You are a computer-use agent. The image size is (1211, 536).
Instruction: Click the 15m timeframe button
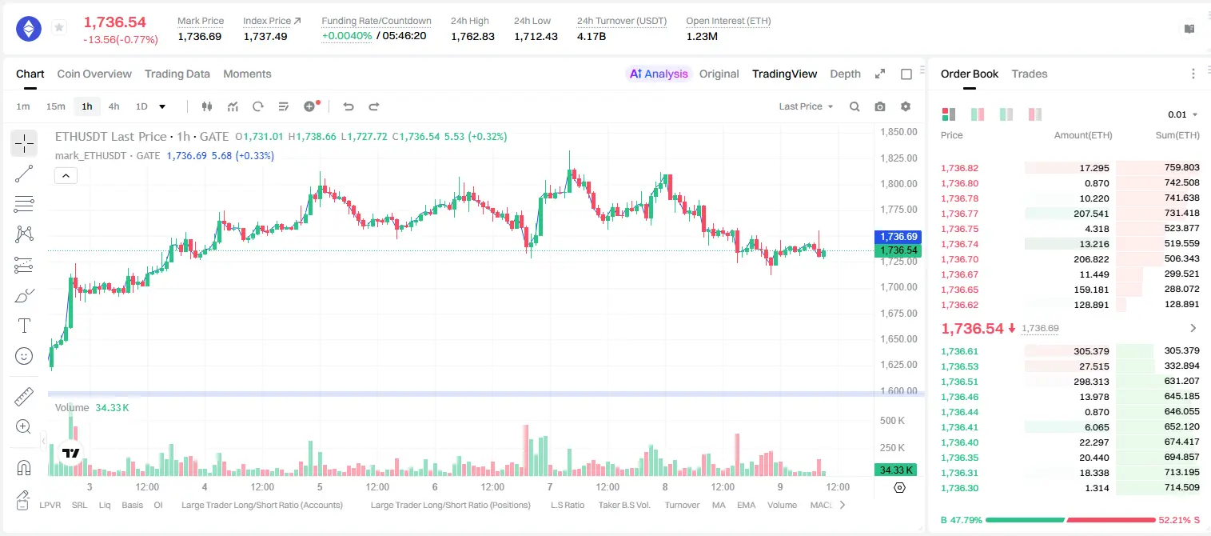click(56, 106)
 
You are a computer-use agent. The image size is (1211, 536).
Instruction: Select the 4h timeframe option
click(114, 106)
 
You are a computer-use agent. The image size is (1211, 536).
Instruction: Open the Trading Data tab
click(177, 74)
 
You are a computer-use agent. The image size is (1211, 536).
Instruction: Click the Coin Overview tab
click(94, 74)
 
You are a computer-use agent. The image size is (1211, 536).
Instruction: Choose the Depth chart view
click(845, 74)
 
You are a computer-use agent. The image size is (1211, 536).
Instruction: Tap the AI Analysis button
click(659, 74)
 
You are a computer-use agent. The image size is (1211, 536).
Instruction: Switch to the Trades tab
click(1030, 74)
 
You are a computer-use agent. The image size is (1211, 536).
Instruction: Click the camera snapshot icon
click(880, 106)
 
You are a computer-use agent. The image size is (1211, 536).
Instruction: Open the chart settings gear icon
click(906, 106)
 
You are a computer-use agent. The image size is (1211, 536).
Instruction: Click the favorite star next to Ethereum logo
click(59, 27)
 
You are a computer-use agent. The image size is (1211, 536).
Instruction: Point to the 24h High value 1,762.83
click(472, 37)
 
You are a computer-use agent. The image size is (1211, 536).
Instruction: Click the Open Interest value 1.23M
click(702, 37)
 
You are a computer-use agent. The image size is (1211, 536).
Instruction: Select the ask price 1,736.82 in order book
click(960, 168)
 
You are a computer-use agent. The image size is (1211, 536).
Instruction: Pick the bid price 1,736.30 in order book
click(960, 488)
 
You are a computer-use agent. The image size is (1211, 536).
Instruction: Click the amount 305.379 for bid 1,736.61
click(1091, 351)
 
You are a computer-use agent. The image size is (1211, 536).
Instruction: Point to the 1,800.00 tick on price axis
click(898, 184)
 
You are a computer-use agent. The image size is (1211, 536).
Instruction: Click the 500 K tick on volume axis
click(892, 421)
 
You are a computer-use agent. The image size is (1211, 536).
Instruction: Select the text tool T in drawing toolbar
click(24, 326)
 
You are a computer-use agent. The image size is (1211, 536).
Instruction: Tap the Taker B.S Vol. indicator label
click(623, 505)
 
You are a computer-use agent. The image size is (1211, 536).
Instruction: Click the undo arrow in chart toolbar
click(349, 106)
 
